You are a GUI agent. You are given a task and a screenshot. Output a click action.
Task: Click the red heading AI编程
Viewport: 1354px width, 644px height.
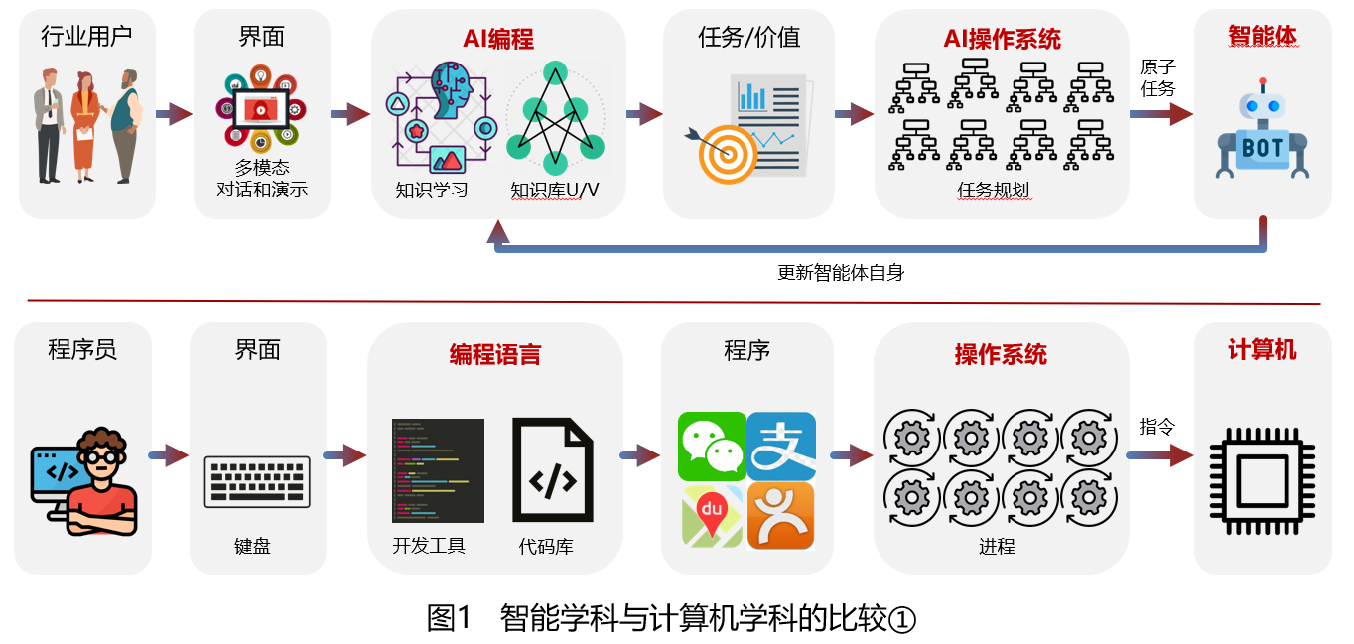coord(498,39)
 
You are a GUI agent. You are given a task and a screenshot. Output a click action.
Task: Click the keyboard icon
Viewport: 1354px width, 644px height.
coord(257,481)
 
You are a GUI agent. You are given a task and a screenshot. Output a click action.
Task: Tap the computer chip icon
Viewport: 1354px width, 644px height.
coord(1262,474)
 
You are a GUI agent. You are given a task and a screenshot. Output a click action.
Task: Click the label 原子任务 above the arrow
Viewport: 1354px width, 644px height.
coord(1157,77)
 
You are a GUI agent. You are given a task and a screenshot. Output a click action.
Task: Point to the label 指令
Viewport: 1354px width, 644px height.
coord(1157,427)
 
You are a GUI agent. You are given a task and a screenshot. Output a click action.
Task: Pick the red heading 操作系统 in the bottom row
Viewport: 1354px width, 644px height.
coord(1001,354)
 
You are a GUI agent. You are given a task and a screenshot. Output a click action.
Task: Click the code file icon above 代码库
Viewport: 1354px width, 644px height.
coord(552,470)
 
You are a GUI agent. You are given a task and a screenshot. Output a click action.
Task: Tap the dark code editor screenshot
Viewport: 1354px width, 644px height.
coord(438,470)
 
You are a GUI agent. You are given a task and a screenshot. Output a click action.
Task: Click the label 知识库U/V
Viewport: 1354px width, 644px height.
coord(555,189)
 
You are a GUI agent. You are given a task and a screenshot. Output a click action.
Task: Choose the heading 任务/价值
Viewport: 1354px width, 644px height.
coord(748,38)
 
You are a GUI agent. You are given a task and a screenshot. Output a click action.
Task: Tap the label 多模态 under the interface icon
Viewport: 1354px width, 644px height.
coord(262,167)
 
